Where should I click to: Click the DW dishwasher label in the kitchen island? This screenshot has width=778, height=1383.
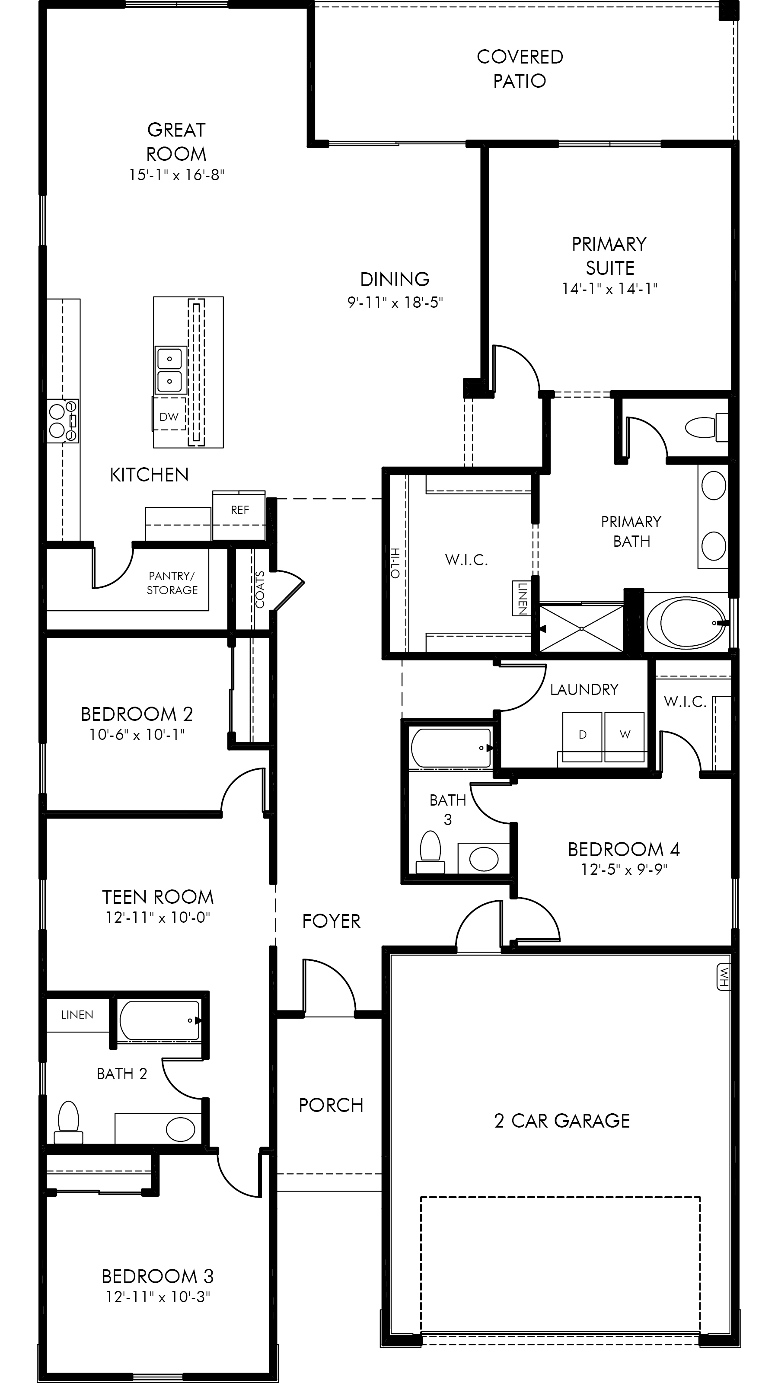[x=169, y=417]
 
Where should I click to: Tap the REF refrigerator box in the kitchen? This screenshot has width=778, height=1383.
[x=239, y=515]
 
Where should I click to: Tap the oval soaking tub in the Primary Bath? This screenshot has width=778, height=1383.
[x=687, y=623]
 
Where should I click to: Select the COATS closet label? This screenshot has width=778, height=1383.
[x=260, y=590]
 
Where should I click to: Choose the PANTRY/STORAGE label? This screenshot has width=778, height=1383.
[x=172, y=583]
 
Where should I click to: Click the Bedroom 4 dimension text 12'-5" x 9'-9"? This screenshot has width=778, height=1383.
[x=624, y=869]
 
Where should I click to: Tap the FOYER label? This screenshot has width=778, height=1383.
[x=331, y=921]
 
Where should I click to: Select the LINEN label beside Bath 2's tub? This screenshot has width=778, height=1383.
[x=77, y=1015]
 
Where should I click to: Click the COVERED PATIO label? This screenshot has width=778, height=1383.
[x=520, y=69]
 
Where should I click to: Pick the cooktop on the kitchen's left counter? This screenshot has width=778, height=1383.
[x=63, y=421]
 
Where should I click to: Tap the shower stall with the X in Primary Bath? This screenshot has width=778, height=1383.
[x=581, y=628]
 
